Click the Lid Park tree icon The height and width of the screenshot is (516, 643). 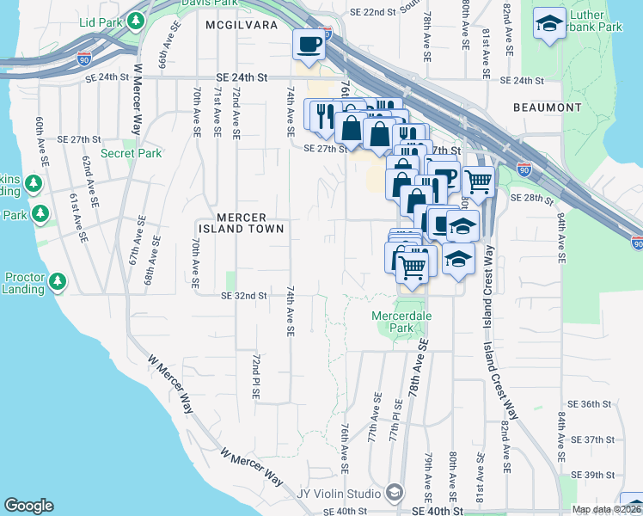136,20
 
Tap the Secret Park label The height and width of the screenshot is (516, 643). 131,154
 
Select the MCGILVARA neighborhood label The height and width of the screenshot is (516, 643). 242,26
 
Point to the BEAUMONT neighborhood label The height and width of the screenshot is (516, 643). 547,107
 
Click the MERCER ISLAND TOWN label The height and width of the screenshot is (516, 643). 241,224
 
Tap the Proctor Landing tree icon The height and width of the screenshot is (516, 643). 58,281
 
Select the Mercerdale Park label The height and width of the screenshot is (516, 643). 401,322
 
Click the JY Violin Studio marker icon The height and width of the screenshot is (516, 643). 395,493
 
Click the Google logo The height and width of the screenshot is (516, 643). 28,506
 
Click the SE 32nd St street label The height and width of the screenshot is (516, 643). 244,296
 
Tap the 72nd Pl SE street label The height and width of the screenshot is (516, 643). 256,374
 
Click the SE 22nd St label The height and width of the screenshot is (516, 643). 371,13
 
